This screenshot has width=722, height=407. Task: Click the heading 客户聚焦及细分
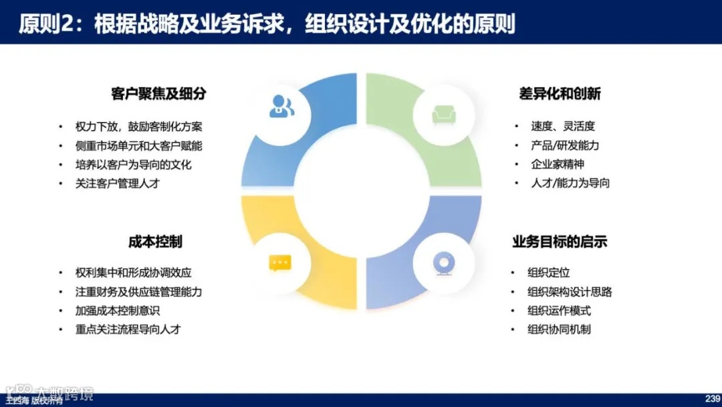coord(158,94)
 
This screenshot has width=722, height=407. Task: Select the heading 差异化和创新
coord(560,94)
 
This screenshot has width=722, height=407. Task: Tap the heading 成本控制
coord(155,242)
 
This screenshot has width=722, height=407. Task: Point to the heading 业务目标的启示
coord(560,242)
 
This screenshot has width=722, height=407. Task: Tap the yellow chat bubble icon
coord(279,262)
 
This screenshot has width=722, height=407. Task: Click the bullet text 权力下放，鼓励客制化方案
coord(139,127)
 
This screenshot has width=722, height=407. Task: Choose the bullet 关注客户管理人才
coord(118,183)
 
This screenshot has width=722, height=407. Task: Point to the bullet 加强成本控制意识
coord(118,311)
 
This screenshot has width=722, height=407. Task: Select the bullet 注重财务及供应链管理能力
coord(139,292)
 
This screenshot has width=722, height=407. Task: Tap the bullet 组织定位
coord(548,273)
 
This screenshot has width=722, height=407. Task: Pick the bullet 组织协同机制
coord(559,329)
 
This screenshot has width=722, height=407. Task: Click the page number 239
coord(711,398)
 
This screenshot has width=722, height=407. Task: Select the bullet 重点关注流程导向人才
coord(128,329)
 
